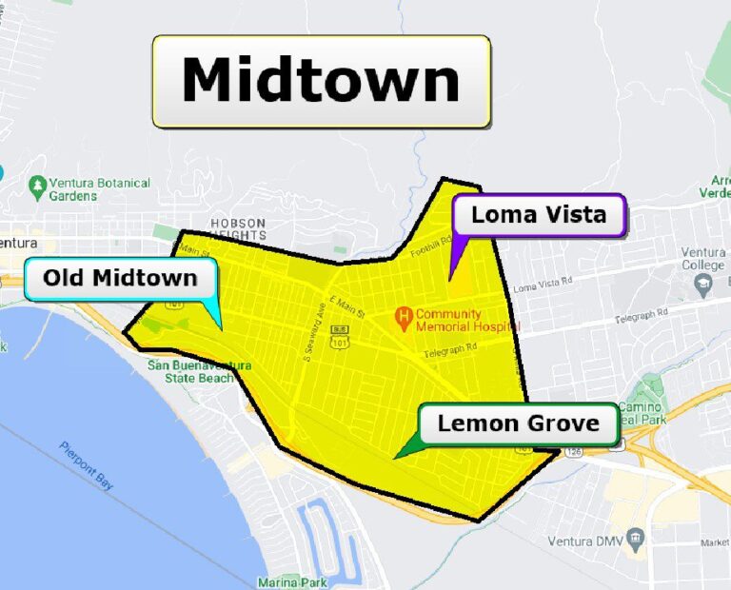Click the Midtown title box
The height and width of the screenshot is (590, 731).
322,81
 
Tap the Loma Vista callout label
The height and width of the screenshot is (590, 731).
539,215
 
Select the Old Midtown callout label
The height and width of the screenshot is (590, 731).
120,279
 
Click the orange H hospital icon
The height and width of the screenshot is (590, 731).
404,314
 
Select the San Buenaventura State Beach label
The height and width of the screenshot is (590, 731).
199,372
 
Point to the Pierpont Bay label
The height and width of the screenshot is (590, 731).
87,466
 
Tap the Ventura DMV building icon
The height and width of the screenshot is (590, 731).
637,541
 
